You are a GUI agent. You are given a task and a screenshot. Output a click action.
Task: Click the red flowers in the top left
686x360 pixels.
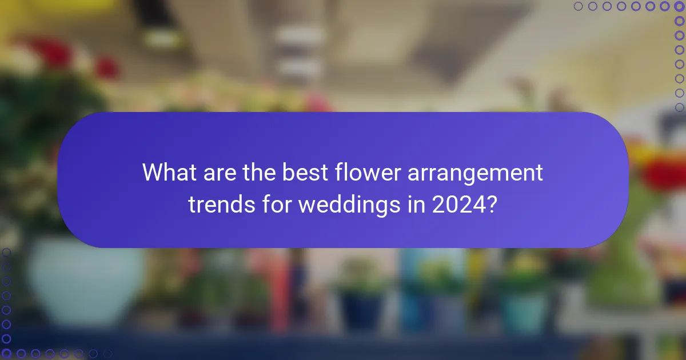pyautogui.click(x=54, y=54)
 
